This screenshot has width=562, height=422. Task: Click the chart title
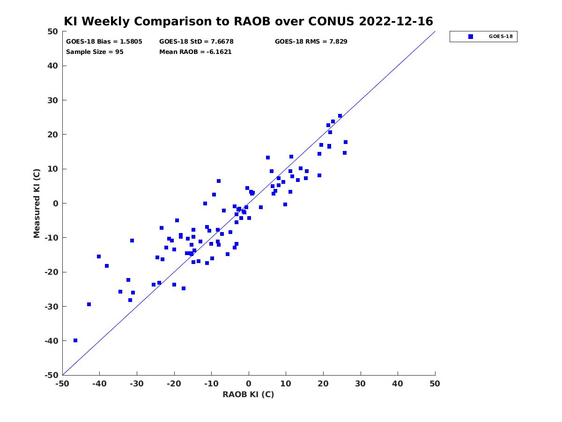(x=248, y=21)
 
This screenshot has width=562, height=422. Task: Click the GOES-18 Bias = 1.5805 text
(x=104, y=42)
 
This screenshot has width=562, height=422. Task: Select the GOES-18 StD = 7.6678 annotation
(x=196, y=42)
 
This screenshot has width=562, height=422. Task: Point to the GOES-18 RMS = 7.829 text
(x=311, y=42)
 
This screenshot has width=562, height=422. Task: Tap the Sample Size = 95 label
(x=95, y=52)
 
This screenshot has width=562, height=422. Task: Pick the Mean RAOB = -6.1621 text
(x=195, y=52)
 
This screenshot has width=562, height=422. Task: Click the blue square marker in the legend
(x=471, y=37)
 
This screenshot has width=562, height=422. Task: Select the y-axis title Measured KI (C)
(x=37, y=203)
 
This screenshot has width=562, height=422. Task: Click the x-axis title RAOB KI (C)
(x=248, y=394)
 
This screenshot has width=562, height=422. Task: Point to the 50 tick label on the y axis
(x=52, y=31)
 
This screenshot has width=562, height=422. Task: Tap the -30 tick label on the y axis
(x=51, y=307)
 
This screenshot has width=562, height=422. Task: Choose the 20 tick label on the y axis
(x=52, y=135)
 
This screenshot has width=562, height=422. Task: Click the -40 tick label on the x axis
(x=99, y=384)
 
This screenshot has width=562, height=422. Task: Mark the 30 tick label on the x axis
(x=361, y=384)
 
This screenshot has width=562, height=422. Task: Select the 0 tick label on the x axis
(x=249, y=384)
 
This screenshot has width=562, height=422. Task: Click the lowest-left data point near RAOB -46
(x=75, y=340)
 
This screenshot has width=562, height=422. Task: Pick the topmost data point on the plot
(x=340, y=116)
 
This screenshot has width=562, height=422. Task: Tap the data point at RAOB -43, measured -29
(x=89, y=304)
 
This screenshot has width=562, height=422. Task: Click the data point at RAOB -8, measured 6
(x=219, y=181)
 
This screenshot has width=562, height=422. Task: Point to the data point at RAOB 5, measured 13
(x=268, y=158)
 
